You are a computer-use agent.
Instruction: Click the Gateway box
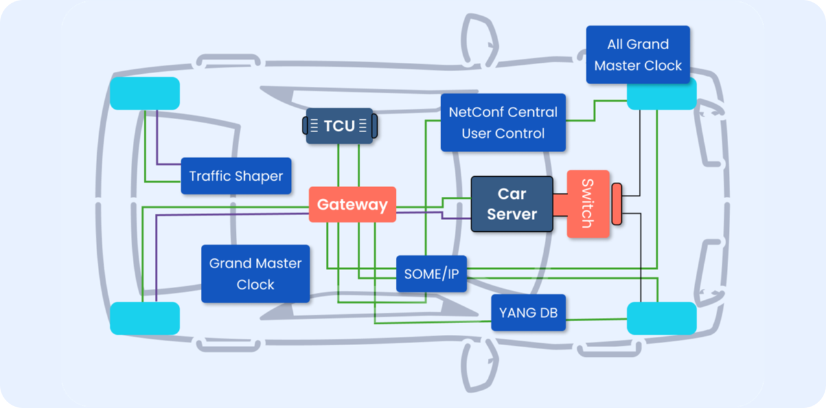click(x=352, y=205)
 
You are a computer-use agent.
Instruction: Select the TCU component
click(x=339, y=126)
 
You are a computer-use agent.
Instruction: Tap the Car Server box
click(x=512, y=204)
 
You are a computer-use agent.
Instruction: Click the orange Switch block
click(x=588, y=204)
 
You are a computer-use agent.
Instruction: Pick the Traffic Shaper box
click(x=236, y=176)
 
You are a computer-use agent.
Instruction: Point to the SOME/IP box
click(x=431, y=273)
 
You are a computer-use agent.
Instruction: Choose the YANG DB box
click(x=528, y=313)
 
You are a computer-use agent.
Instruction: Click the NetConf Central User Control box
click(x=503, y=122)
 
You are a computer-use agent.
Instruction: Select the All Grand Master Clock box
click(x=637, y=55)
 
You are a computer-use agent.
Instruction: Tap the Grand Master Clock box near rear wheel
click(x=255, y=273)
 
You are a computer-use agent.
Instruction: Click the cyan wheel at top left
click(x=144, y=93)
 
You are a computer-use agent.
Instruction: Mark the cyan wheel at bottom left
click(x=144, y=318)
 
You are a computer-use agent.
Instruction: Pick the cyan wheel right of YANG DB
click(x=661, y=318)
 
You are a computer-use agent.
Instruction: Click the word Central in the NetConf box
click(x=531, y=112)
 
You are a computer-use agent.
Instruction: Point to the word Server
click(x=512, y=214)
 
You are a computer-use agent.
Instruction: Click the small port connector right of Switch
click(x=617, y=204)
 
